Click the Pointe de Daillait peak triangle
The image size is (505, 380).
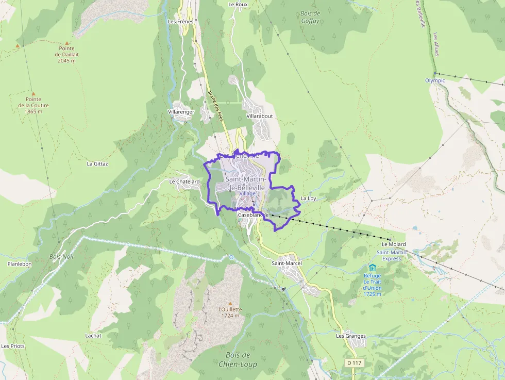tap(66, 43)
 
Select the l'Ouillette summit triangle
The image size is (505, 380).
tap(230, 304)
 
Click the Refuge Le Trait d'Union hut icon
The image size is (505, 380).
tap(372, 268)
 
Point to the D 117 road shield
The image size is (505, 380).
tap(355, 363)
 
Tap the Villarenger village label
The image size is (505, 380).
tap(181, 111)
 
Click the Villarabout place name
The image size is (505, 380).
tap(260, 116)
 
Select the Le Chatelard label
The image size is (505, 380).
tap(184, 181)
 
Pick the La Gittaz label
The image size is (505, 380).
tap(97, 164)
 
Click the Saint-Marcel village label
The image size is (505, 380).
tap(287, 263)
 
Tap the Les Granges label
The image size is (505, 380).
tap(351, 336)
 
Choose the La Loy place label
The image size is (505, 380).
tap(308, 198)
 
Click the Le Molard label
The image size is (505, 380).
tap(394, 244)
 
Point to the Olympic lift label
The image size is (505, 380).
tap(434, 80)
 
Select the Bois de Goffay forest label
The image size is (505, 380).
tap(310, 18)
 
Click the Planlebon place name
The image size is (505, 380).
tap(20, 264)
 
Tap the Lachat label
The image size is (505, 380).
tap(93, 336)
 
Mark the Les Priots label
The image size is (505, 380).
tap(13, 346)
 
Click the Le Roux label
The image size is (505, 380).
tap(238, 5)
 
